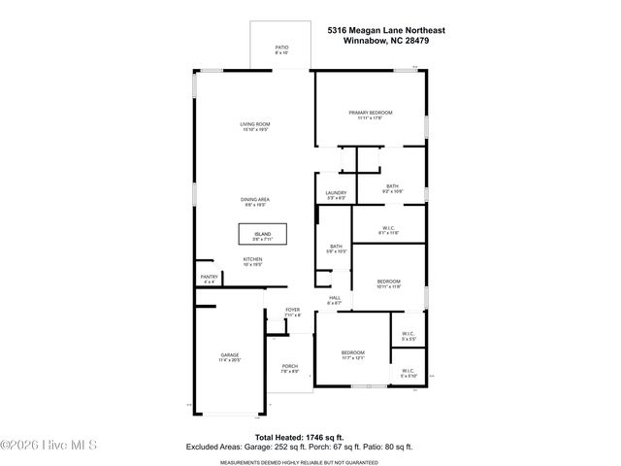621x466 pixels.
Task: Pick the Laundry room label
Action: [336, 195]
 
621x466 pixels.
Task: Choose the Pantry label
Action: [209, 279]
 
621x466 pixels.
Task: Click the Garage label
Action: [229, 357]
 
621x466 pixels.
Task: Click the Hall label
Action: [335, 300]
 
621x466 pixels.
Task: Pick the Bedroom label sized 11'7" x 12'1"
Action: [351, 354]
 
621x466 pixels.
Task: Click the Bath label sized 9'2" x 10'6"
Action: [392, 188]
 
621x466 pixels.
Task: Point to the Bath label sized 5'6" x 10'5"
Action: [336, 250]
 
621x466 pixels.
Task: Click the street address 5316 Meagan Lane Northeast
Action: [386, 31]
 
